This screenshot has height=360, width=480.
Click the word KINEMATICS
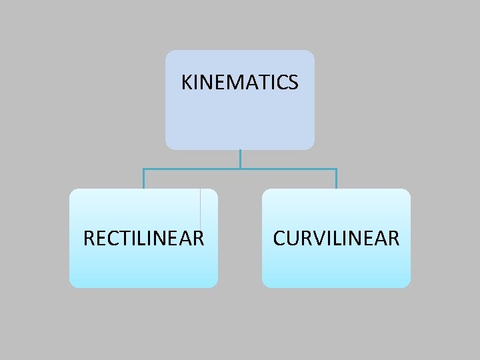pos(239,83)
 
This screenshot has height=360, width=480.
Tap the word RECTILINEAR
pos(143,238)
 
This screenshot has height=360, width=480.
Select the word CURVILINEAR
pos(336,238)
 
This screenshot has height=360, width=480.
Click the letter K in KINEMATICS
pos(187,83)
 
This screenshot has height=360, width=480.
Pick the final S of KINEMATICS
pos(293,83)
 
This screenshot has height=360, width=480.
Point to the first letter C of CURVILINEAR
pos(279,238)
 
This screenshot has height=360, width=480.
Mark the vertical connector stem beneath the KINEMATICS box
pos(240,159)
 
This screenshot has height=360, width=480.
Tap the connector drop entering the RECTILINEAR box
pos(143,179)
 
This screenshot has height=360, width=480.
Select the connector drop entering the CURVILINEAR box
pos(336,179)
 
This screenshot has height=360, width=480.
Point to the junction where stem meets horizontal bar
pos(240,169)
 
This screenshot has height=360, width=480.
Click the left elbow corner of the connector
pos(143,169)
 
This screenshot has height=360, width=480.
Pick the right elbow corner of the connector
pos(336,169)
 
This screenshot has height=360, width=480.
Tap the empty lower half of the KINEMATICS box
pos(239,123)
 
